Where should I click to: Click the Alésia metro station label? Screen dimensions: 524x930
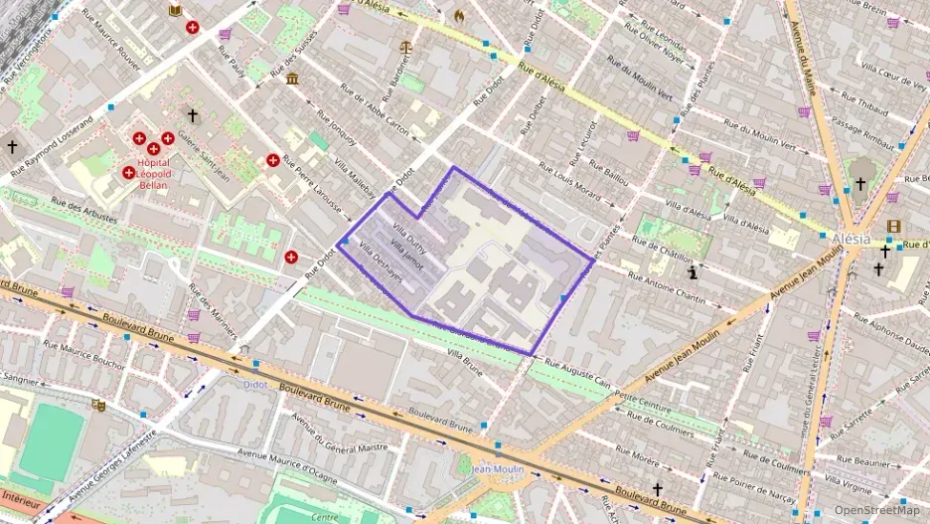tap(852, 240)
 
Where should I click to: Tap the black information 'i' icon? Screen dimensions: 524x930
tap(693, 270)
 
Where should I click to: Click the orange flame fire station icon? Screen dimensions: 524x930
tap(458, 16)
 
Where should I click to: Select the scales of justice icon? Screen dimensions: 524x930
tap(404, 46)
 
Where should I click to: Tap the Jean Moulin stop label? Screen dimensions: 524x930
tap(497, 468)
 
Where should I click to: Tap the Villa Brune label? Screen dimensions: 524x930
tap(464, 361)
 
